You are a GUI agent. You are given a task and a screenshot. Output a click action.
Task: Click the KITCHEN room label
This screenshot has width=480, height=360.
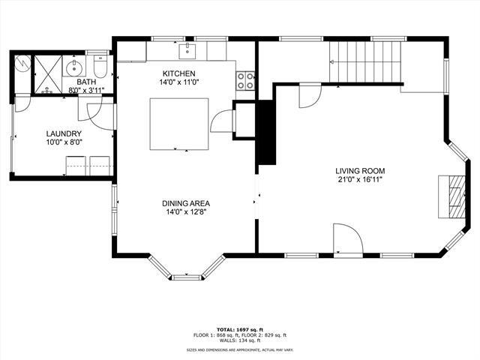(178, 73)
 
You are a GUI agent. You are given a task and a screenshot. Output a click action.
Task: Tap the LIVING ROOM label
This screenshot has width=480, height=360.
(360, 171)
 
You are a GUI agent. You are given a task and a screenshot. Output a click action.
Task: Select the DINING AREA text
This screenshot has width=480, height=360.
(186, 203)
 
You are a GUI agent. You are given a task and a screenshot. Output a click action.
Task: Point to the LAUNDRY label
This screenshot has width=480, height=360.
(64, 133)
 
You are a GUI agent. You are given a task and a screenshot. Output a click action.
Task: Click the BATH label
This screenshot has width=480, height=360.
(86, 82)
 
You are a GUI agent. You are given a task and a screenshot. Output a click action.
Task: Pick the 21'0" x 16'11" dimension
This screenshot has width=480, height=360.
(360, 180)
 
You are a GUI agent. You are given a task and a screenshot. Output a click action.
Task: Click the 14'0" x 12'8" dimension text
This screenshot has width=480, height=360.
(186, 211)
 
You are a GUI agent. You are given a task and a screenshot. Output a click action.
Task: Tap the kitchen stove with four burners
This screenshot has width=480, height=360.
(245, 81)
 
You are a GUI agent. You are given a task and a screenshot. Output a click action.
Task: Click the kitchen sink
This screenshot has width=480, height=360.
(187, 51)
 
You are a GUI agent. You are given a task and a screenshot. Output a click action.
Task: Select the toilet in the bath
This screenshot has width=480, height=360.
(100, 65)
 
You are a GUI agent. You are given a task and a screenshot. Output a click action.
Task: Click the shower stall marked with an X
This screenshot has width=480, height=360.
(48, 73)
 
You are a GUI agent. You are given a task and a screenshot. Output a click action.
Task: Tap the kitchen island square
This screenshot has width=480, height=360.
(179, 124)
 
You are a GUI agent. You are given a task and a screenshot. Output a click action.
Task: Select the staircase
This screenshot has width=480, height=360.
(365, 61)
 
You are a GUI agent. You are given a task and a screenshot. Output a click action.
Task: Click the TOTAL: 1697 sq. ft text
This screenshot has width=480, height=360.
(240, 330)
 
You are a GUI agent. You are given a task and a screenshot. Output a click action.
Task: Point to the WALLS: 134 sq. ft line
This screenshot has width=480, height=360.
(240, 340)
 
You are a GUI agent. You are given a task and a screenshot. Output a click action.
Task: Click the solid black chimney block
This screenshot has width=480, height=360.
(266, 133)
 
